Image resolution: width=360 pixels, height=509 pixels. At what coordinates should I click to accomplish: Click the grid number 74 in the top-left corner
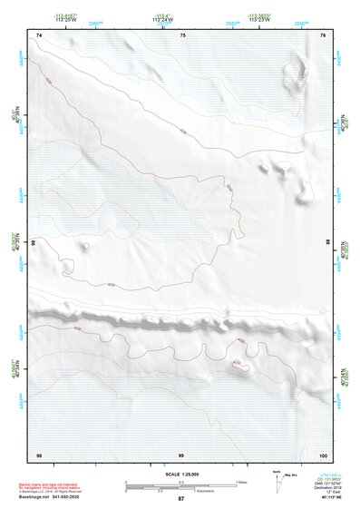(x=39, y=35)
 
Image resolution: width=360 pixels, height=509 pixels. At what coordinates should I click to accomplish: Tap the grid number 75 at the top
(x=182, y=35)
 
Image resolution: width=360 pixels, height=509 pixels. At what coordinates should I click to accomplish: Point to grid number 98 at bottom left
(x=39, y=453)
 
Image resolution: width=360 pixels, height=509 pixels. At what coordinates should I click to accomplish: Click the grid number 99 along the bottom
(x=181, y=453)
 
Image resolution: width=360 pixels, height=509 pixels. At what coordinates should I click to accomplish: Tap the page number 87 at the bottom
(x=180, y=499)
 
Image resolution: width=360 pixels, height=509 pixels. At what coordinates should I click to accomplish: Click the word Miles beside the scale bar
(x=242, y=482)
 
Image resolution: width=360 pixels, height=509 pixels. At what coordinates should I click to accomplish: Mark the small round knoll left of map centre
(x=86, y=244)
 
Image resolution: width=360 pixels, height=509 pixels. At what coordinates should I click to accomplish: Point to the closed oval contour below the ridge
(x=241, y=367)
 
